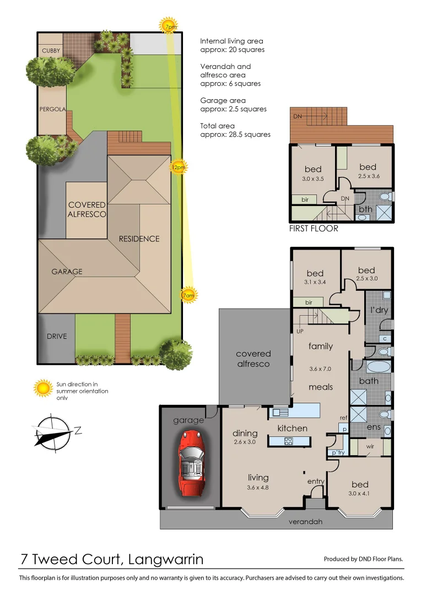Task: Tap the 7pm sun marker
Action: (168, 26)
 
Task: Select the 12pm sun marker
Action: (178, 166)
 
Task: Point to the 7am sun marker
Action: (188, 295)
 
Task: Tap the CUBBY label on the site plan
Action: (51, 51)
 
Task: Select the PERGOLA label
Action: (52, 109)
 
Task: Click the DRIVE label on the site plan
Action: (56, 336)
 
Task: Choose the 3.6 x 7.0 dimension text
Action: (320, 369)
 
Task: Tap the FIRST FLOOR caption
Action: (314, 228)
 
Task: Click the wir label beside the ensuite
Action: (370, 447)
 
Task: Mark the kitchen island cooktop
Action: (289, 440)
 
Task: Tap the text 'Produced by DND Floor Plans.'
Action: (363, 559)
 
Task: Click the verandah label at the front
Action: (305, 521)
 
